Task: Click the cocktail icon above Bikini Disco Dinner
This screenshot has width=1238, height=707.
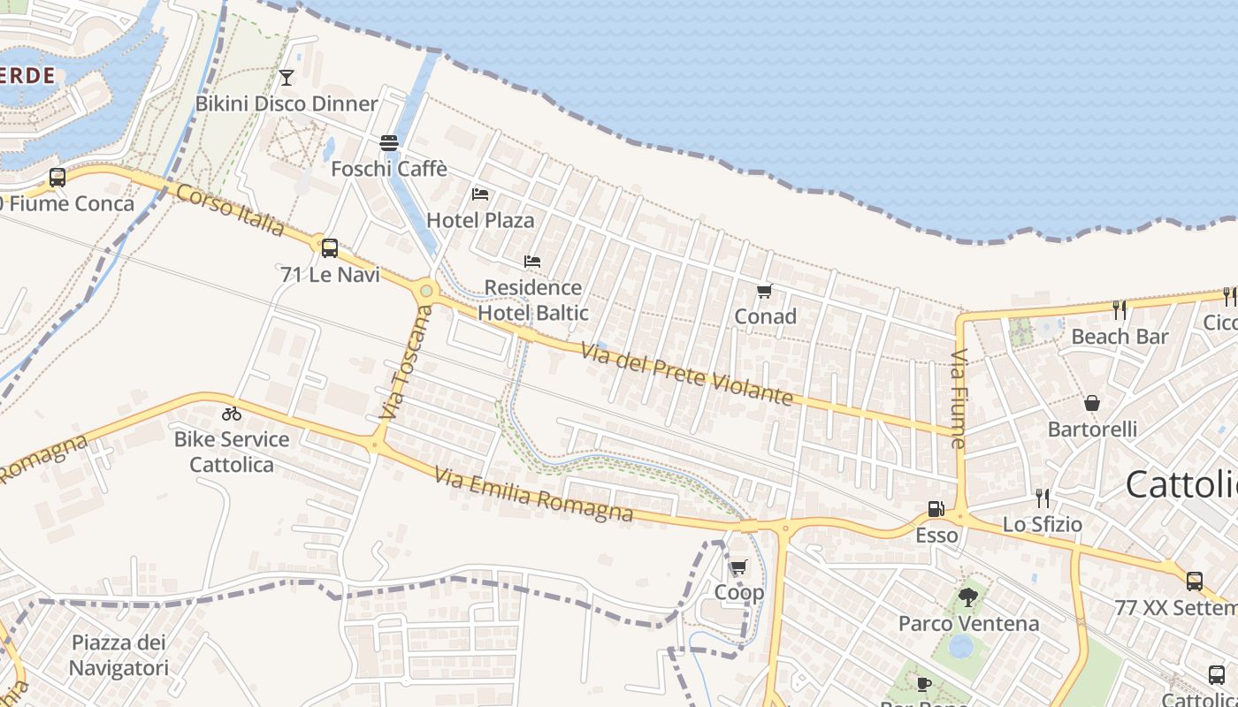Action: pyautogui.click(x=286, y=78)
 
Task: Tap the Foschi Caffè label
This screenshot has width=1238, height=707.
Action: pyautogui.click(x=389, y=168)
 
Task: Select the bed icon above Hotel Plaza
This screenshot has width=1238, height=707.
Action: pyautogui.click(x=480, y=194)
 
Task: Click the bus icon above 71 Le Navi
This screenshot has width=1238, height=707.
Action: pyautogui.click(x=330, y=248)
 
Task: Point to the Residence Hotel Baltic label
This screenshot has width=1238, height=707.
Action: pyautogui.click(x=533, y=300)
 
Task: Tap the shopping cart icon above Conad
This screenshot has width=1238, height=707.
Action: pyautogui.click(x=765, y=291)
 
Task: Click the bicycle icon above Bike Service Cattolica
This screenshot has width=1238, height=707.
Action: pyautogui.click(x=232, y=413)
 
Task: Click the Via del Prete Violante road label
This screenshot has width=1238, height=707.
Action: pyautogui.click(x=687, y=374)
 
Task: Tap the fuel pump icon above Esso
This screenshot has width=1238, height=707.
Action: pyautogui.click(x=936, y=509)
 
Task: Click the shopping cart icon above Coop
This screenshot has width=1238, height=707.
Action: pyautogui.click(x=738, y=566)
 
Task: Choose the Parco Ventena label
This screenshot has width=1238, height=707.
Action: pyautogui.click(x=968, y=623)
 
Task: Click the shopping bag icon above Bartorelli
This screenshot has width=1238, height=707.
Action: pyautogui.click(x=1092, y=403)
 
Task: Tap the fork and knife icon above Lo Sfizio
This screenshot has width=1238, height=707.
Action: pyautogui.click(x=1043, y=498)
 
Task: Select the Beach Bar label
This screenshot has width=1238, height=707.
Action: pyautogui.click(x=1120, y=337)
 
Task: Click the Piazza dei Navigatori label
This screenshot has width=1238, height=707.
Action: pyautogui.click(x=118, y=655)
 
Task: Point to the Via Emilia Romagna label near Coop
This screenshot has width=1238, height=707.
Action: pyautogui.click(x=534, y=494)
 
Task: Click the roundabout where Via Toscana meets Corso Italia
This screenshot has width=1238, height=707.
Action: pyautogui.click(x=427, y=290)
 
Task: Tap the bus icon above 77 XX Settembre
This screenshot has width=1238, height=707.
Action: pyautogui.click(x=1194, y=581)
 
